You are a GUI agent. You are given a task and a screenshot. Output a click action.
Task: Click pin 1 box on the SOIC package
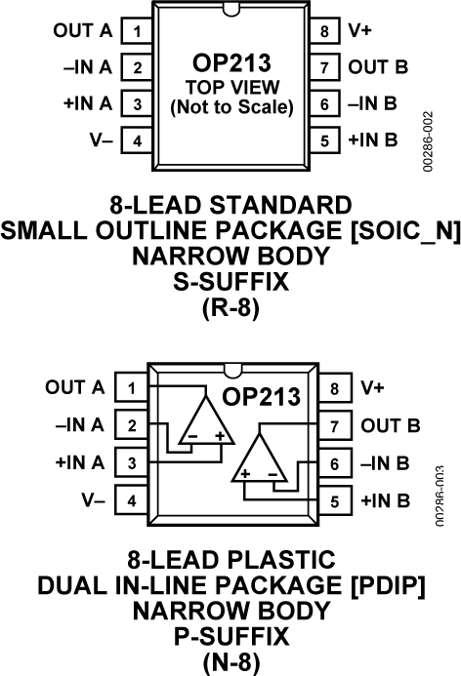[x=137, y=31]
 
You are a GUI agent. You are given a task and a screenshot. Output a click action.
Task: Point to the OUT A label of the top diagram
[x=82, y=31]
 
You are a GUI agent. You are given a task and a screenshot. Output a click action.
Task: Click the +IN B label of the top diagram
[x=372, y=140]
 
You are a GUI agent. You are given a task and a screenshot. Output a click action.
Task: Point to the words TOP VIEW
[x=230, y=87]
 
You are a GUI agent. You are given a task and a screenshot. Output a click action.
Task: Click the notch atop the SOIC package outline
[x=231, y=11]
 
